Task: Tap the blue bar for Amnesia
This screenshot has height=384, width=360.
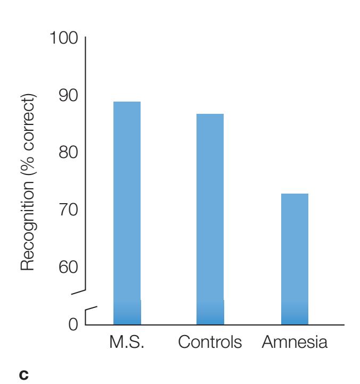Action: [294, 255]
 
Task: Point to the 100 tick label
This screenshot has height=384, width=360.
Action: [64, 38]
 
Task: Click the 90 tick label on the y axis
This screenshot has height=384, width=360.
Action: [67, 95]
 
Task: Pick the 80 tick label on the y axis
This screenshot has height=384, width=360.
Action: [67, 152]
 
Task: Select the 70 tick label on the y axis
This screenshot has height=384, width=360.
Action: [67, 209]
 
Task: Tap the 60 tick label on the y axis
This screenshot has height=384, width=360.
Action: [67, 266]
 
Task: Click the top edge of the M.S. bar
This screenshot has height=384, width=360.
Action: [127, 102]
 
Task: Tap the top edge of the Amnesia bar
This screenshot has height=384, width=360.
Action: [294, 194]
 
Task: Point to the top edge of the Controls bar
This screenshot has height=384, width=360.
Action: [210, 114]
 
